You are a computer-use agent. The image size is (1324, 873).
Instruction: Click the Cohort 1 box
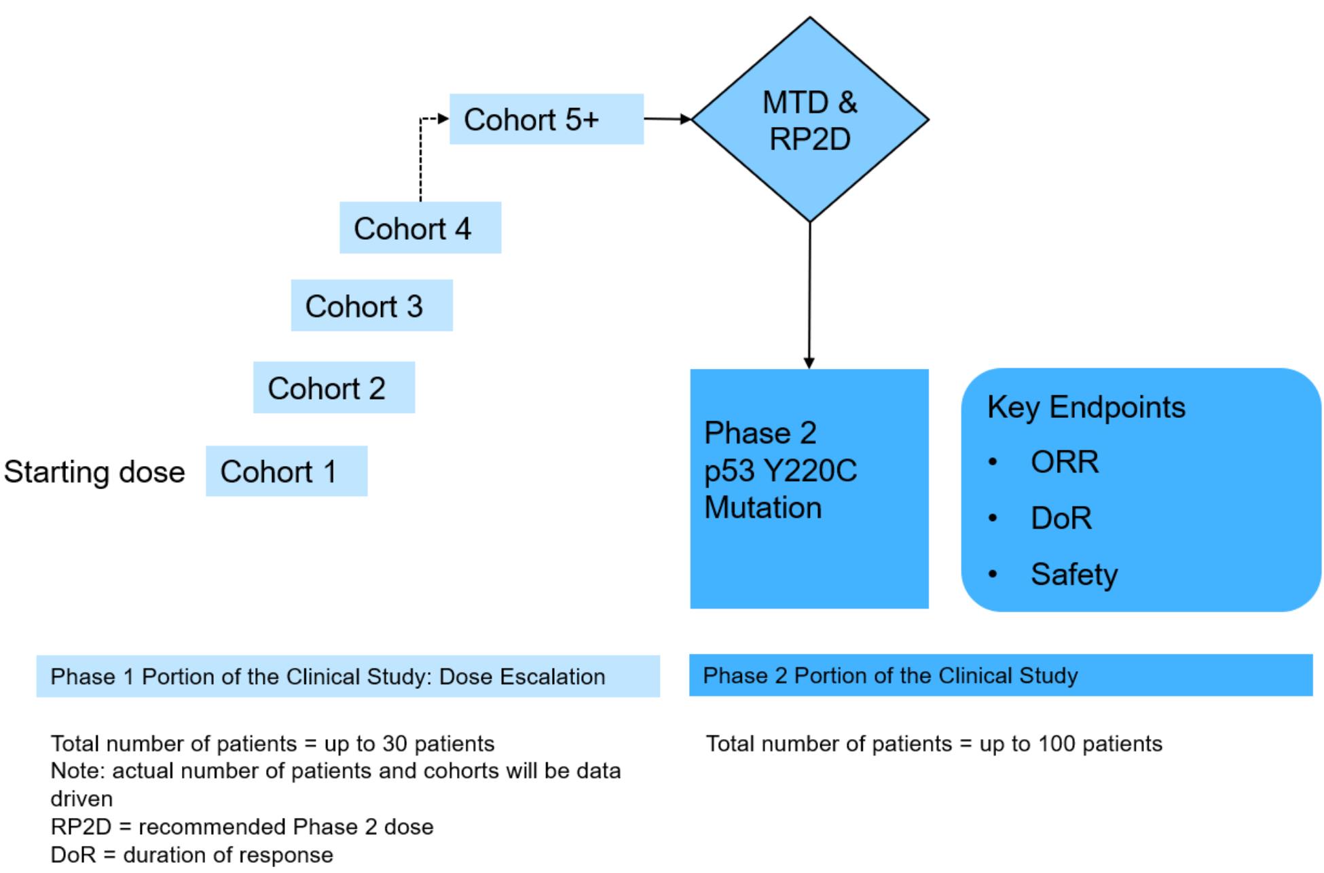(x=287, y=471)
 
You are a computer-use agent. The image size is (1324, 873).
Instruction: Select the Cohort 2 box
(x=334, y=387)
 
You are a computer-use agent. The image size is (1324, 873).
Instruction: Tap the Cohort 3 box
(x=371, y=306)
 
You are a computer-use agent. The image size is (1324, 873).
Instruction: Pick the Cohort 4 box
(x=420, y=228)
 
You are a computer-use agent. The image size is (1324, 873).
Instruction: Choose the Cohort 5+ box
(x=546, y=119)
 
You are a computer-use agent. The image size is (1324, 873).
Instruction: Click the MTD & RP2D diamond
(x=809, y=120)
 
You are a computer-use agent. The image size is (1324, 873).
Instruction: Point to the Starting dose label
(x=94, y=471)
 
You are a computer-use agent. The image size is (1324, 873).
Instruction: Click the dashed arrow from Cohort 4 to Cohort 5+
(x=421, y=160)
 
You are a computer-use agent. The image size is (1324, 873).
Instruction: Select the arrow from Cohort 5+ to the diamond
(x=667, y=119)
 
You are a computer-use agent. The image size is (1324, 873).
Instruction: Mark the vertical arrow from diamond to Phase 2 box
(x=809, y=296)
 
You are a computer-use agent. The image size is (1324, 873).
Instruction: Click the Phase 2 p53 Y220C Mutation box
(x=809, y=488)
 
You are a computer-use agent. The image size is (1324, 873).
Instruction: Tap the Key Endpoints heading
(x=1086, y=407)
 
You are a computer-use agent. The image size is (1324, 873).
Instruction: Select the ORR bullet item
(x=1064, y=462)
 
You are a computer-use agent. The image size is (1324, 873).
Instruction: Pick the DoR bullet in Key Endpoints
(x=1061, y=518)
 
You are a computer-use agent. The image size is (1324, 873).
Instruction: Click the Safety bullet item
(x=1073, y=574)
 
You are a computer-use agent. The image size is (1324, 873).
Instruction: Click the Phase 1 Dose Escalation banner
(x=348, y=676)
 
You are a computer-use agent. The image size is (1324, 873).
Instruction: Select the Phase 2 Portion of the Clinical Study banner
(x=1000, y=675)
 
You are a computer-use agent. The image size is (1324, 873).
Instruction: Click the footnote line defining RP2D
(x=242, y=827)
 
